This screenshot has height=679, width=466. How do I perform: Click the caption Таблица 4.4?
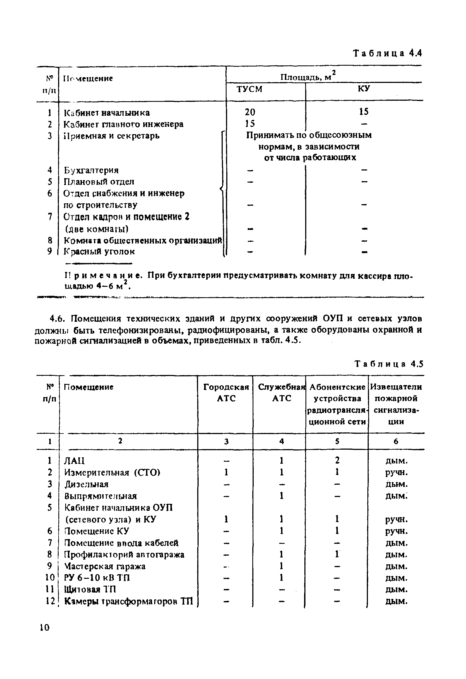(388, 53)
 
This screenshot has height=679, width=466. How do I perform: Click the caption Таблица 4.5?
(389, 364)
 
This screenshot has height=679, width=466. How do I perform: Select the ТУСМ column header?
(249, 89)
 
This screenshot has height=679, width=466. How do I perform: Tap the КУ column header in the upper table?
(364, 88)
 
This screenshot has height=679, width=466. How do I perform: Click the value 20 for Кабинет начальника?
(250, 112)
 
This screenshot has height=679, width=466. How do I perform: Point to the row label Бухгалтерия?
(91, 170)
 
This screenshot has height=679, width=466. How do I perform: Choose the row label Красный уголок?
(99, 252)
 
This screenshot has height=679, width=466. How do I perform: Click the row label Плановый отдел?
(99, 182)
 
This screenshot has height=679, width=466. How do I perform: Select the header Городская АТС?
(226, 392)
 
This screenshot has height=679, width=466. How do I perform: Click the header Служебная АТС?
(281, 392)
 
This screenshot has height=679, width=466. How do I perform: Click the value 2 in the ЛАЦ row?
(337, 460)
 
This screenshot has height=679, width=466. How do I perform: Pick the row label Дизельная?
(86, 484)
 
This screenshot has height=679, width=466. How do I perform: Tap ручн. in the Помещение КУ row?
(396, 531)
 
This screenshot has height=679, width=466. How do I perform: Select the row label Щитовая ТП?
(90, 589)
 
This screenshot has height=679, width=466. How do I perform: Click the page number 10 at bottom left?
(45, 628)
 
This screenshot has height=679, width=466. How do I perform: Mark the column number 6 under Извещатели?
(396, 441)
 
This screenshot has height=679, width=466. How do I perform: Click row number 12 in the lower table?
(50, 601)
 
